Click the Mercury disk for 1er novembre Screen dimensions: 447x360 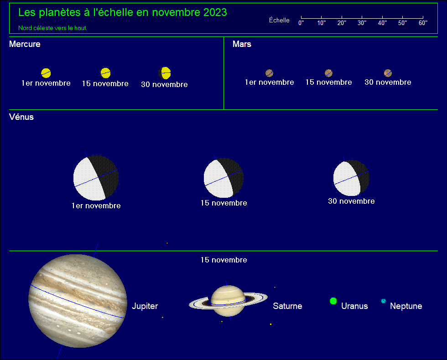click(46, 73)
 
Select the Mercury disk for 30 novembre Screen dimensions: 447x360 click(165, 73)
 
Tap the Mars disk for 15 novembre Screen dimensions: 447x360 click(329, 73)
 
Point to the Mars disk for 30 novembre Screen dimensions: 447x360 click(388, 73)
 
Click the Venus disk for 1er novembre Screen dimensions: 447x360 click(96, 178)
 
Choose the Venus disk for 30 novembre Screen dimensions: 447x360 click(352, 178)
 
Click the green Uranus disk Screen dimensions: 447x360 click(333, 301)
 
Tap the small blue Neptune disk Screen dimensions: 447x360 click(384, 301)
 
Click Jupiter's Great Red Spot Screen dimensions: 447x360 click(110, 330)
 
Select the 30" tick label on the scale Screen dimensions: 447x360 click(362, 23)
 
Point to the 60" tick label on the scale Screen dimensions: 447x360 click(423, 23)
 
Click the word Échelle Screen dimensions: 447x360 click(279, 20)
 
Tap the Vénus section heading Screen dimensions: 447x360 click(21, 117)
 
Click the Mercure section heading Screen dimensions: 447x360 click(25, 44)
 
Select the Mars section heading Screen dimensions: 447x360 click(242, 44)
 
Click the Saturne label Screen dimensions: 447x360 click(287, 306)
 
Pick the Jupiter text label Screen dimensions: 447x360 click(145, 306)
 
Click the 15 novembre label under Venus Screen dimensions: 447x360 click(224, 203)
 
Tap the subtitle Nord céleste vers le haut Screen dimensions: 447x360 click(53, 28)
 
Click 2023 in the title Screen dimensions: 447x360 click(215, 12)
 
